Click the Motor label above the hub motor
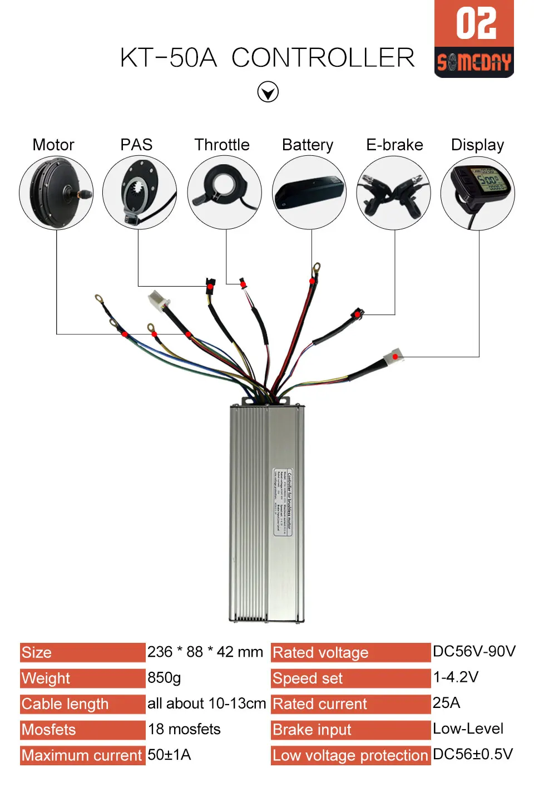[53, 145]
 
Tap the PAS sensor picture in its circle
[140, 193]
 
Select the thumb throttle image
[224, 192]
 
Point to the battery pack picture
[309, 193]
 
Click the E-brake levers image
[393, 193]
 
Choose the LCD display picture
[478, 193]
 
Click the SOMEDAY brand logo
[474, 62]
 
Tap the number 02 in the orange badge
[476, 24]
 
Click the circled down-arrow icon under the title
[268, 92]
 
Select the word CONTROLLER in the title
[323, 58]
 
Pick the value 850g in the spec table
[164, 677]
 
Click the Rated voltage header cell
[350, 652]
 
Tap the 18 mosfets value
[184, 729]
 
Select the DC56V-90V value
[474, 651]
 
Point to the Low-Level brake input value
[468, 729]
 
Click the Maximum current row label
[82, 755]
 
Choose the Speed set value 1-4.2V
[456, 677]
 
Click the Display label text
[477, 145]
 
